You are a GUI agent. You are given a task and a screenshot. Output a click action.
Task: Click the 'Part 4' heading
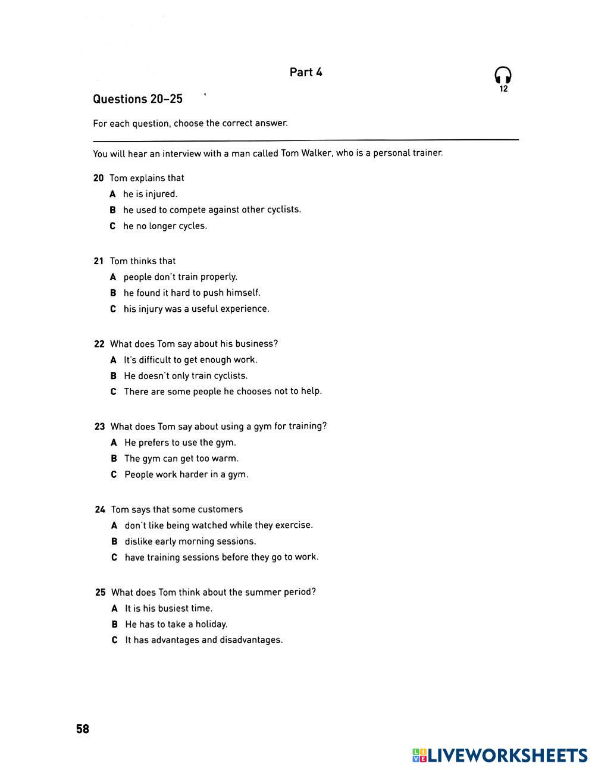coord(306,73)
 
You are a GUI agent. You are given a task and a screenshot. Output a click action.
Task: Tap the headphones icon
coord(503,76)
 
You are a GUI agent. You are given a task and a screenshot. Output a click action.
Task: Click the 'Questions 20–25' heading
coord(137,99)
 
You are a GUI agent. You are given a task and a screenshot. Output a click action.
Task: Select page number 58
coord(83,729)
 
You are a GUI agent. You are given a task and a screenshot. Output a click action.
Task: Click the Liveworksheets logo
coord(500,756)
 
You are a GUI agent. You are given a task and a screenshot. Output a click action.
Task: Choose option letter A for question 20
coord(112,194)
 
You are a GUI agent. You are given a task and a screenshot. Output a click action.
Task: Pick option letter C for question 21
coord(113,309)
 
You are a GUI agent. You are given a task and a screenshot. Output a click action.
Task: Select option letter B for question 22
coord(114,376)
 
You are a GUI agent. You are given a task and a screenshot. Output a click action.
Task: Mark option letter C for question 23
coord(114,475)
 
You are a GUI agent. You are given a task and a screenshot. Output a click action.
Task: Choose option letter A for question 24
coord(114,525)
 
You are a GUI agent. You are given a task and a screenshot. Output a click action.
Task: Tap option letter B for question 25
coord(115,624)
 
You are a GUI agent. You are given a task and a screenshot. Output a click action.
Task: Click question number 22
coord(99,344)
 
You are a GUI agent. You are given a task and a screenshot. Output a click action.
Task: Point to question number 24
coord(100,509)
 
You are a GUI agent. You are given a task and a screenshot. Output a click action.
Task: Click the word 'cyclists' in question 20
coord(283,209)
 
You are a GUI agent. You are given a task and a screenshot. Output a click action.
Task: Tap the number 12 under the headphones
coord(503,89)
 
